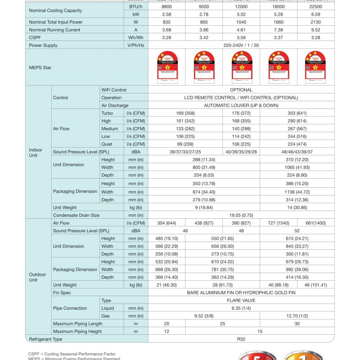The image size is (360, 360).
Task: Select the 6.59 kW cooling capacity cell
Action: click(315, 14)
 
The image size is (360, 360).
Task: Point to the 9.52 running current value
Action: click(315, 30)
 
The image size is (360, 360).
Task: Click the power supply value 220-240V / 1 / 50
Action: click(241, 45)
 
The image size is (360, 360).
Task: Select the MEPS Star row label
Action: click(40, 67)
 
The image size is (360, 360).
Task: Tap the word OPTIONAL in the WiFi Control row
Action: click(241, 90)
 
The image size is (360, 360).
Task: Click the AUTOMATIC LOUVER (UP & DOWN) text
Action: click(241, 105)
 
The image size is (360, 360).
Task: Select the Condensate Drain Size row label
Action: click(76, 215)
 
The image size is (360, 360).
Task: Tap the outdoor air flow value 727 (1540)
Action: click(279, 223)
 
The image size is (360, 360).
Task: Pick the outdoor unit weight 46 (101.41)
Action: click(315, 285)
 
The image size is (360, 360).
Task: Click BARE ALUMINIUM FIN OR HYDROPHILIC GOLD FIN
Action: click(241, 292)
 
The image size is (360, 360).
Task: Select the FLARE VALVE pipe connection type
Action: click(241, 300)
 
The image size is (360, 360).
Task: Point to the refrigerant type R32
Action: click(241, 339)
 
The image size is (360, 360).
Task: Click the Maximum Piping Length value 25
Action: click(222, 324)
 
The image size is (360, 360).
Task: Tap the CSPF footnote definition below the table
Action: click(72, 354)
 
